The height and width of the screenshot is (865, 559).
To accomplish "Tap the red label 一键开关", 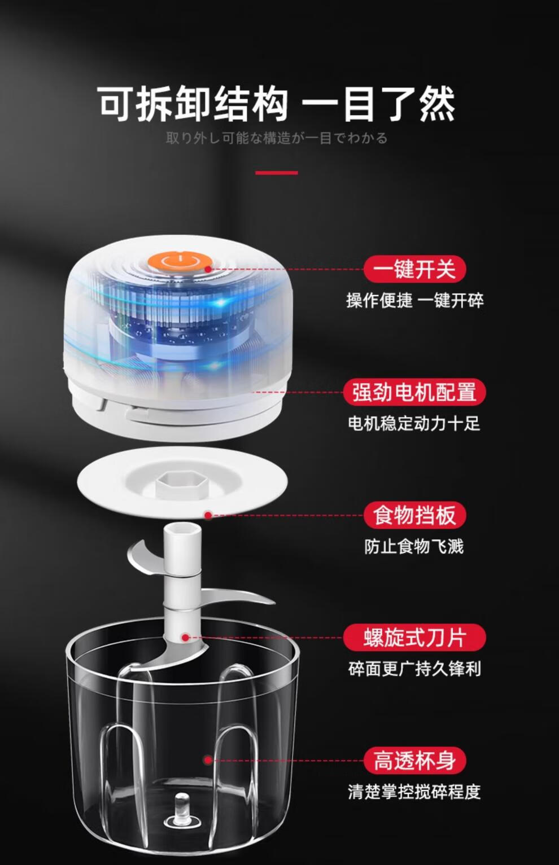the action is [x=414, y=269].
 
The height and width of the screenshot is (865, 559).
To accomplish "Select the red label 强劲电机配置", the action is [x=414, y=392].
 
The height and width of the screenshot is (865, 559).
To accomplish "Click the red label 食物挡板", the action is [x=414, y=515].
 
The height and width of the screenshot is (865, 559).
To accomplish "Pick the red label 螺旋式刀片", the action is [x=414, y=638].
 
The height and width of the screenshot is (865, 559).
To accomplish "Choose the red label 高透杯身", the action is [x=414, y=761].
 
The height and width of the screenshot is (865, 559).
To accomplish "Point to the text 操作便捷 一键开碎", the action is [x=414, y=301].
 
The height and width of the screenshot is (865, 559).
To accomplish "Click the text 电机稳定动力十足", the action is [x=414, y=424].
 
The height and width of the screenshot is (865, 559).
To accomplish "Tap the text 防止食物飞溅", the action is [x=414, y=546].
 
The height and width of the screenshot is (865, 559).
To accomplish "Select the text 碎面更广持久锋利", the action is [x=414, y=669].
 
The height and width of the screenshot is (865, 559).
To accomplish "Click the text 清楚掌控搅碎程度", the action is [x=414, y=792].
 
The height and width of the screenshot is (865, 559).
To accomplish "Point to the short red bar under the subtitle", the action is [x=277, y=173].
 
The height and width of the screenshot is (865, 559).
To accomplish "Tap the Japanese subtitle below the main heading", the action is [x=277, y=138].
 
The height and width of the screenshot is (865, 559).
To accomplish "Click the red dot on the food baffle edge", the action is [x=208, y=515].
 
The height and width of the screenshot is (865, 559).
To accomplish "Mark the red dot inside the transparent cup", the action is [x=208, y=761].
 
